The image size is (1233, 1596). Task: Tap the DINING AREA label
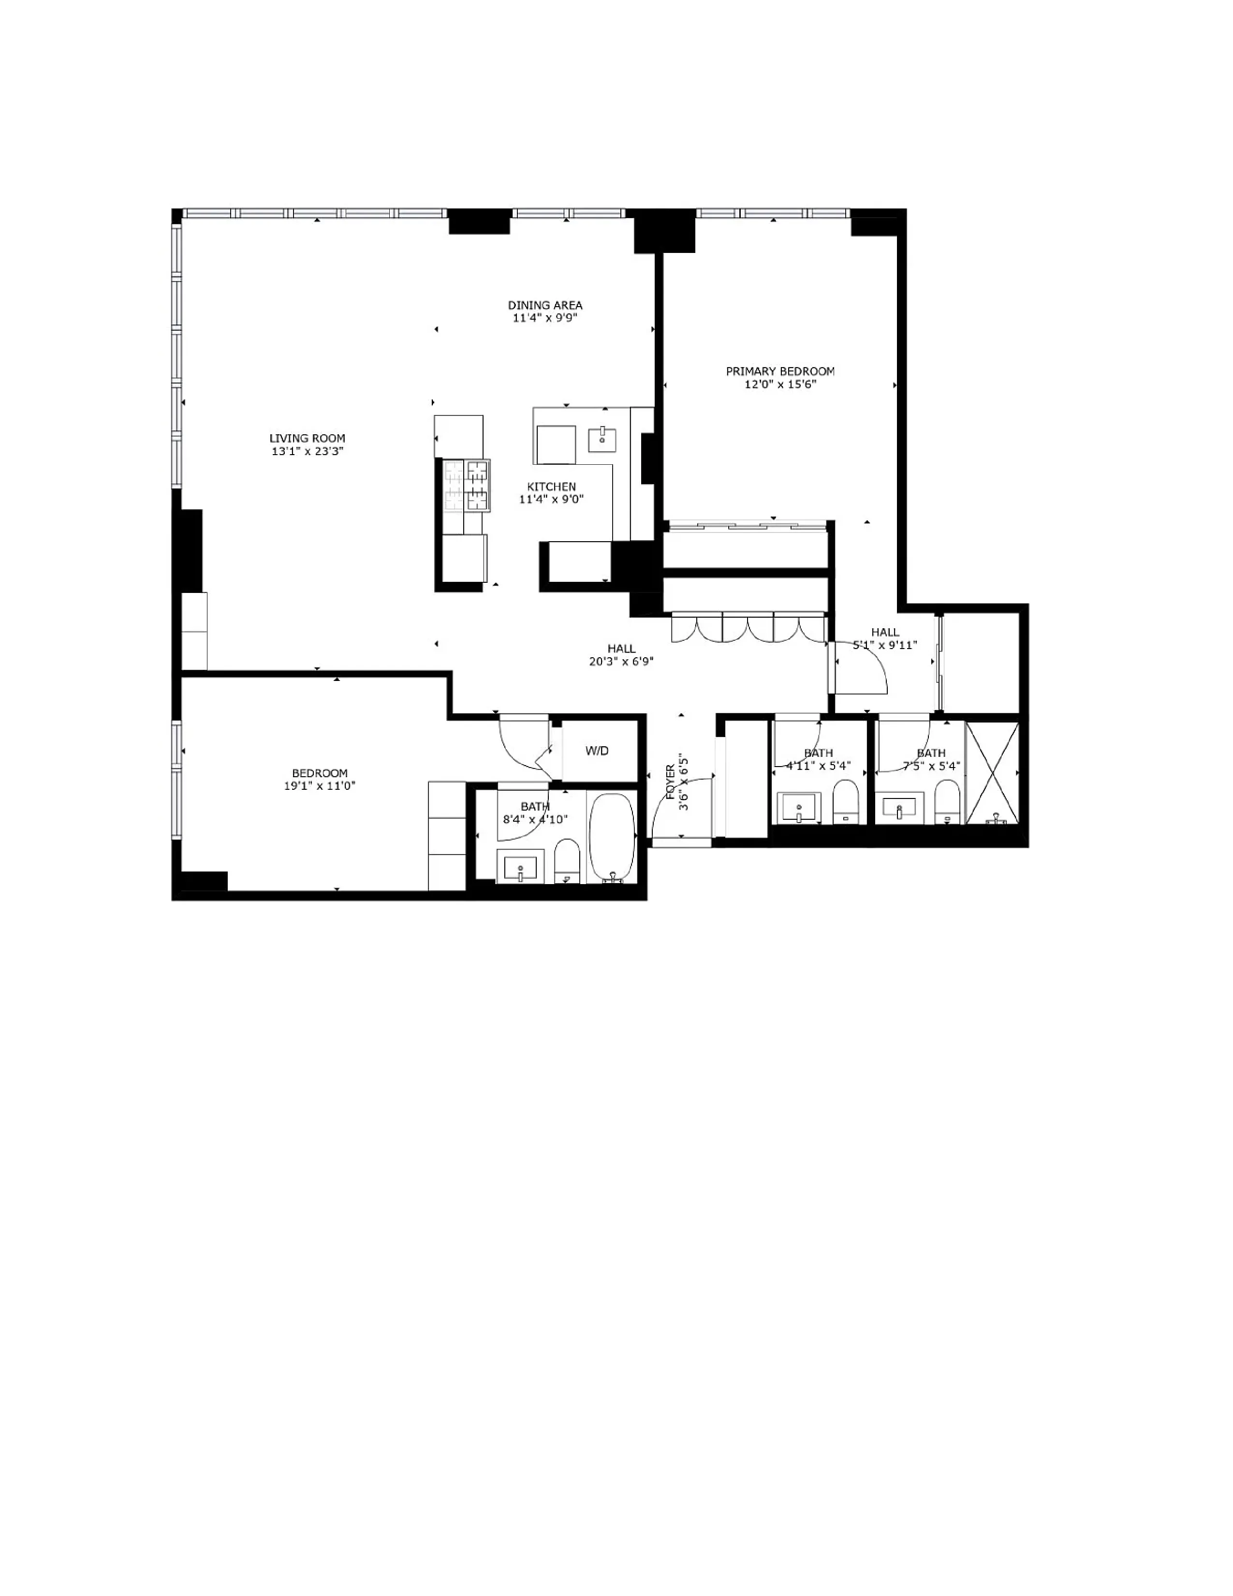click(x=545, y=306)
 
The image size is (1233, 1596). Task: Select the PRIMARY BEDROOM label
click(x=779, y=371)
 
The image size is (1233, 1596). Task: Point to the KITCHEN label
click(x=552, y=487)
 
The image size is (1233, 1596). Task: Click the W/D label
click(x=597, y=751)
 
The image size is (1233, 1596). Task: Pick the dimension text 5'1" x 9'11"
click(x=884, y=645)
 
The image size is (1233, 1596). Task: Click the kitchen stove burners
click(x=467, y=485)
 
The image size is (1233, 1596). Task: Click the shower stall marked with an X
click(x=992, y=772)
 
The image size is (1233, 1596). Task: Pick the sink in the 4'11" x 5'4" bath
click(x=798, y=808)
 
